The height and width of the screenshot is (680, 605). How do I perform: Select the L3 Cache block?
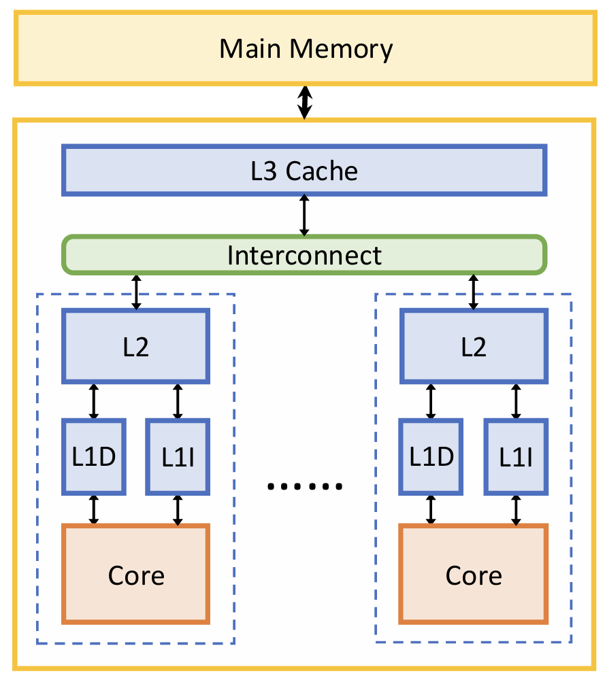point(304,170)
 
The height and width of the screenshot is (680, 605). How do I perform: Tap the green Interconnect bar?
point(304,255)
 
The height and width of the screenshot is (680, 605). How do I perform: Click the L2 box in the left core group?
point(136,345)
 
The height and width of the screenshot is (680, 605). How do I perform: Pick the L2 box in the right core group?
point(474,345)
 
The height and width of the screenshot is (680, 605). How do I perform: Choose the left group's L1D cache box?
point(94,456)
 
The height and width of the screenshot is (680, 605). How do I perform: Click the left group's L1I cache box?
point(178,456)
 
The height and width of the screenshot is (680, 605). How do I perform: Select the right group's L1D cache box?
point(431,456)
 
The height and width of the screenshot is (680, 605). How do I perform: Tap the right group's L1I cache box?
point(515,456)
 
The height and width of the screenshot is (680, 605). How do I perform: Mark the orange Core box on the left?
point(136,574)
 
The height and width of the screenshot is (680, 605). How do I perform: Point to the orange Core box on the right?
point(474,574)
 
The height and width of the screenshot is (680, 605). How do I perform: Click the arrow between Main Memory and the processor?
point(305,102)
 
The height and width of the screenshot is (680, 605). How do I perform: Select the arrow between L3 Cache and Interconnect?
point(304,216)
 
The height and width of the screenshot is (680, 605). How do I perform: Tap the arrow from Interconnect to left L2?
point(136,292)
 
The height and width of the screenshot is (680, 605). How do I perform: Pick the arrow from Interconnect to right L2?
point(474,292)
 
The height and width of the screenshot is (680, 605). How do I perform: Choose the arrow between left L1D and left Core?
point(94,509)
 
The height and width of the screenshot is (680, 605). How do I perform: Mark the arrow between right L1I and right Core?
point(516,509)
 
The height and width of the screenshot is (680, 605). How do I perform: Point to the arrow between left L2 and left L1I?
point(178,401)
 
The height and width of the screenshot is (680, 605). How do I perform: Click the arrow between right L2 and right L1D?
point(431,401)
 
